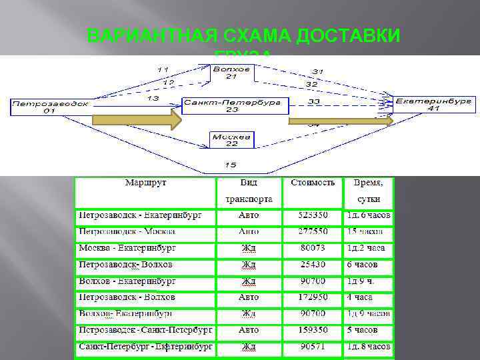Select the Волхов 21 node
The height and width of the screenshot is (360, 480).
231,72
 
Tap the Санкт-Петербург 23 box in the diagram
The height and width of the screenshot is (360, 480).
235,105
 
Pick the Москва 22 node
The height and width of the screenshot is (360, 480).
231,139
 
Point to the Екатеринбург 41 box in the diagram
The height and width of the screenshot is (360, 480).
433,104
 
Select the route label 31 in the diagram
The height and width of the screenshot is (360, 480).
317,71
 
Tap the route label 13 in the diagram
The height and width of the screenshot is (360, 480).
153,97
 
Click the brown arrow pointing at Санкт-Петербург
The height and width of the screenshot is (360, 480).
137,120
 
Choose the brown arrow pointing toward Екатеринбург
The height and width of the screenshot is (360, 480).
340,121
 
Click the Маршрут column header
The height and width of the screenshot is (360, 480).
144,182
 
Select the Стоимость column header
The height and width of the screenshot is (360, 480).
313,182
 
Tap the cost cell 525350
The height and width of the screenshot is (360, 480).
313,215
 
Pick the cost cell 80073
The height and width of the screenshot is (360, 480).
313,248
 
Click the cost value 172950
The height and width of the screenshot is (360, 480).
313,297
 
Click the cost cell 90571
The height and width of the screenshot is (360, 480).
313,347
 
